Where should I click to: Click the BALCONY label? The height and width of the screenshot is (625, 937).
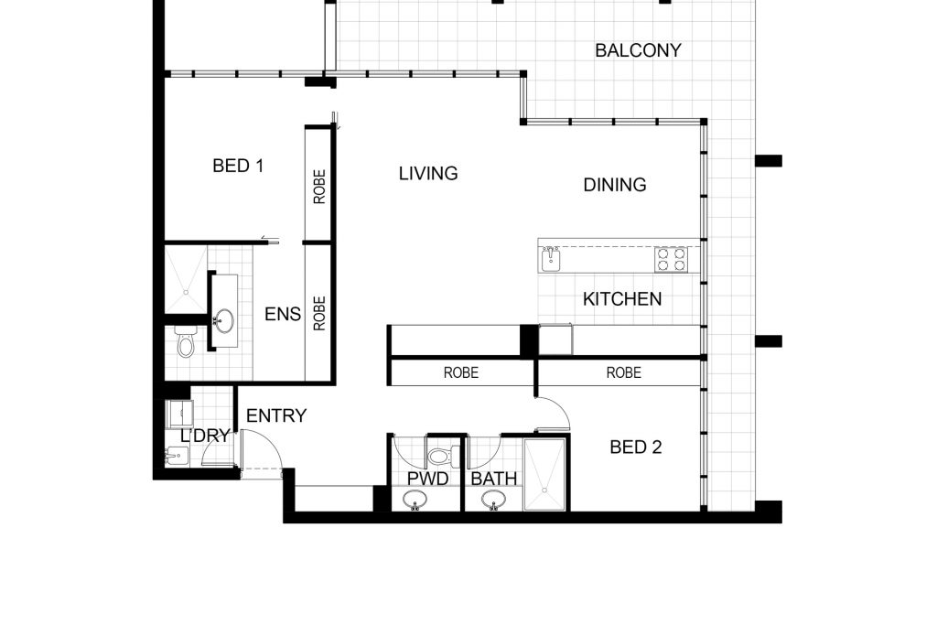coord(638,50)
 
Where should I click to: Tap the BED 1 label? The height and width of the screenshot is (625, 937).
coord(238,166)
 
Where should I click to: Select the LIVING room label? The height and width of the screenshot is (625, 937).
coord(428,173)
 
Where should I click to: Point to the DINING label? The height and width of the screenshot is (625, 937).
coord(615,185)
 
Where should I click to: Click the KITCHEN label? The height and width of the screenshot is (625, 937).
coord(622,298)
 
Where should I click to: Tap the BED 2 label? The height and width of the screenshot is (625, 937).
coord(636,447)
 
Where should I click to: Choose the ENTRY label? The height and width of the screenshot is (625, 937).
coord(276,415)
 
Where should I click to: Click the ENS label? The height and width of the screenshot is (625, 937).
coord(283,314)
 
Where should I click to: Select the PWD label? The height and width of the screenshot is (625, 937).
coord(428,479)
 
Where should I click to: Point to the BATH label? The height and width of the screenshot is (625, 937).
coord(493,479)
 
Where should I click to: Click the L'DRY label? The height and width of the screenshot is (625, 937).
coord(205,436)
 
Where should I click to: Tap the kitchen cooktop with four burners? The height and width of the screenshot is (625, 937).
coord(671,260)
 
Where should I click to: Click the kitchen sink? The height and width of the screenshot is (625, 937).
coord(551,259)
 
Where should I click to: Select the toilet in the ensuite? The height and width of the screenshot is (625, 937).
coord(185,341)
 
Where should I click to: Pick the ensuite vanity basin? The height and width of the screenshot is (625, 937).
coord(224,320)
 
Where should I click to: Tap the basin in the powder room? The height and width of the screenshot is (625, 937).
coord(415,500)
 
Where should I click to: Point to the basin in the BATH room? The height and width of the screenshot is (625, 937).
coord(493,500)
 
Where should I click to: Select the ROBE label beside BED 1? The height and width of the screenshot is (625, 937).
coord(319,187)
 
